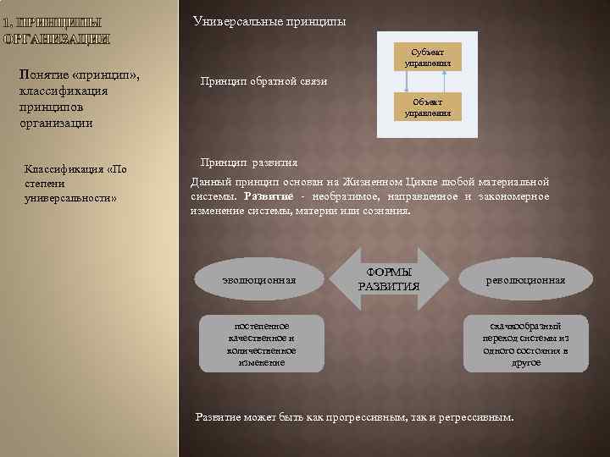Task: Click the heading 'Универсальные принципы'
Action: tap(269, 20)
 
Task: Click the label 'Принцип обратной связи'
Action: tap(263, 81)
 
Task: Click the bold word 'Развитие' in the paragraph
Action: tap(269, 196)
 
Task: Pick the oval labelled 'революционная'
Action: tap(525, 279)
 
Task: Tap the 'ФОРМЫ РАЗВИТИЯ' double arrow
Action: tap(388, 278)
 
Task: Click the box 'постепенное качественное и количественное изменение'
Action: tap(261, 344)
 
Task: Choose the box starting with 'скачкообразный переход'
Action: tap(525, 344)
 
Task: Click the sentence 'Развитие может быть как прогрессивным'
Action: tap(354, 417)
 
